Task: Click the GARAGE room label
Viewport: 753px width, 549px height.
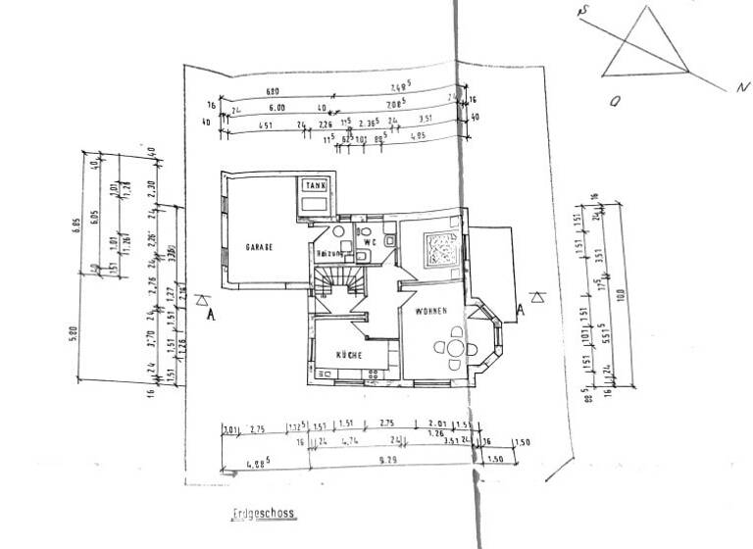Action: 259,247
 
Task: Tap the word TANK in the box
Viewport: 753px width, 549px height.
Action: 316,184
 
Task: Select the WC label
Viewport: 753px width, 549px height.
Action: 370,240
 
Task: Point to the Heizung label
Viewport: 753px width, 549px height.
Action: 328,253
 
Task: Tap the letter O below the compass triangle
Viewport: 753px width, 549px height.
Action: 615,100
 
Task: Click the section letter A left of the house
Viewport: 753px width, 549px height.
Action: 210,315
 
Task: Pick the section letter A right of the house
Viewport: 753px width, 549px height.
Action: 521,311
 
